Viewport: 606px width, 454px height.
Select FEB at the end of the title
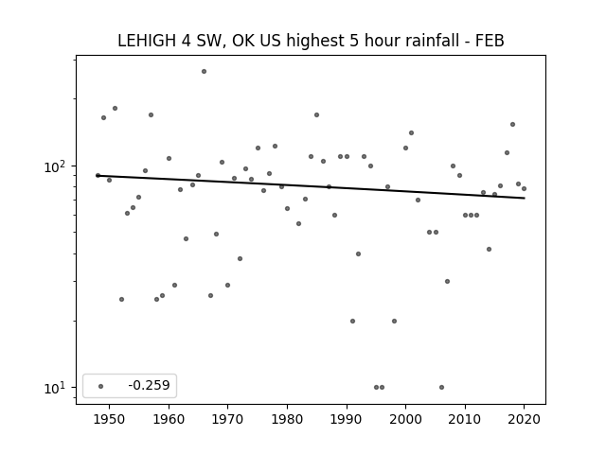(490, 41)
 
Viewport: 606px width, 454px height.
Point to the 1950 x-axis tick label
(110, 419)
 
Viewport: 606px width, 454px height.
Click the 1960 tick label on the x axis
(169, 419)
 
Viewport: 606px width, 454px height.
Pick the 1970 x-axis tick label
(228, 419)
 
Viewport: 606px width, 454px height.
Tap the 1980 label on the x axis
(287, 419)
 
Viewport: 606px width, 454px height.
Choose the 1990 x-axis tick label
(347, 419)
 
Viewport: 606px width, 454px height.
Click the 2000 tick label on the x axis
(406, 419)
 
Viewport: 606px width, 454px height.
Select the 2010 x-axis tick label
(465, 419)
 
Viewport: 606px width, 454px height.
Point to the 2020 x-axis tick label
(524, 419)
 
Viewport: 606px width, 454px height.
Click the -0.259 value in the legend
(149, 385)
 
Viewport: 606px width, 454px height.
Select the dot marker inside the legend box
(101, 386)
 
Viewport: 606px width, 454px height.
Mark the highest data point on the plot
(205, 72)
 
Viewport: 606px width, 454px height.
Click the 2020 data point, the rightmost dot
(524, 189)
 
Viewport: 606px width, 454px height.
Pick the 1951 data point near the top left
(115, 109)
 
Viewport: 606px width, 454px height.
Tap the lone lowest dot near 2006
(442, 387)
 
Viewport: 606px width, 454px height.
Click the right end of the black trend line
(525, 198)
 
